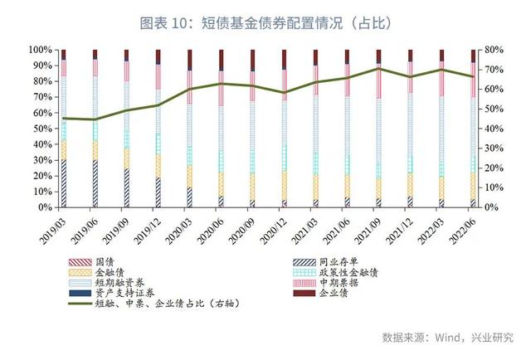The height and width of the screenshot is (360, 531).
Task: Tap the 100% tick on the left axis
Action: click(39, 50)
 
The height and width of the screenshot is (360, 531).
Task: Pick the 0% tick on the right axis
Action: click(494, 207)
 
